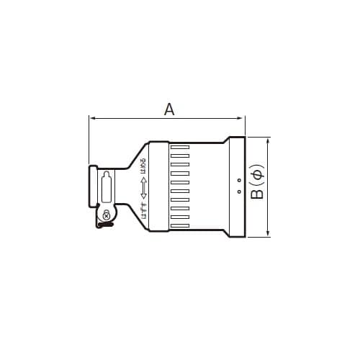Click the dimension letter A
coord(169,109)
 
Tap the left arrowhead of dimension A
coord(91,117)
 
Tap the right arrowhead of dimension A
coord(243,117)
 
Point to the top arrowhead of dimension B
coord(269,140)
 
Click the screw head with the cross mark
coord(107,215)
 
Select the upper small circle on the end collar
coord(238,179)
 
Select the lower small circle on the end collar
coord(238,192)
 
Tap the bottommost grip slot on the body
coord(180,226)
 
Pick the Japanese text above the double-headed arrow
coord(143,166)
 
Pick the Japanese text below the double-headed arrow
coord(143,208)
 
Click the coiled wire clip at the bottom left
coord(105,226)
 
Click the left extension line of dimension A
coord(88,140)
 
